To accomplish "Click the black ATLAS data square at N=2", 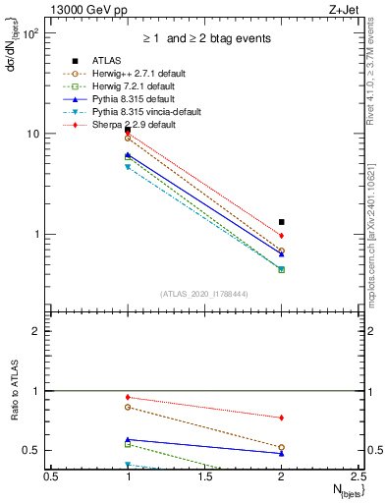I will point(282,222).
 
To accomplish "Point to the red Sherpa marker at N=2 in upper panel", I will point(282,236).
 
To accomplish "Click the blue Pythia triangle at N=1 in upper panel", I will point(128,155).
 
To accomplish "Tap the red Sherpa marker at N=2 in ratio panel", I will point(282,418).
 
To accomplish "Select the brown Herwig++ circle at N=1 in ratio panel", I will point(128,407).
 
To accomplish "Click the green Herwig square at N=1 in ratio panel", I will point(128,444).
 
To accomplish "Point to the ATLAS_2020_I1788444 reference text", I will point(204,294).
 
